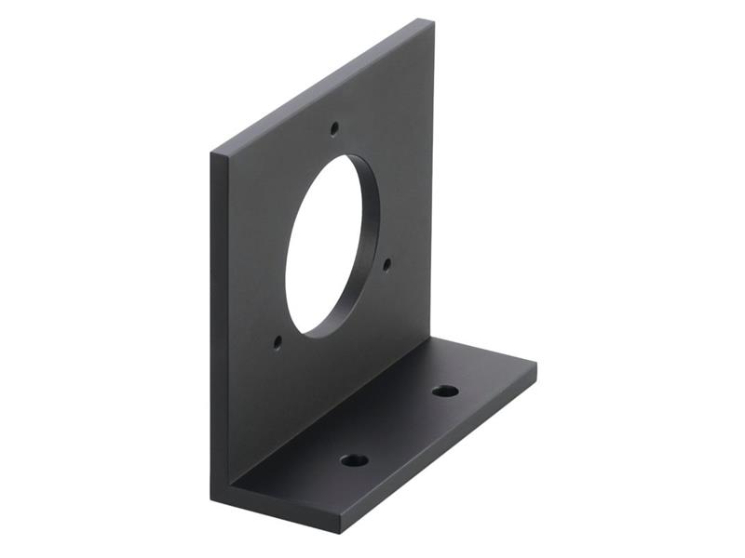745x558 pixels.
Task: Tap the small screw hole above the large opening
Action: click(334, 128)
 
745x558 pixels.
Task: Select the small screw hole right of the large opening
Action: click(386, 263)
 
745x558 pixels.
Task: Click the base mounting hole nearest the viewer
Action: click(354, 459)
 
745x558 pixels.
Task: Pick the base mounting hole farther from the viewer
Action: click(445, 391)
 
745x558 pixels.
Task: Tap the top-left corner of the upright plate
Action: click(212, 150)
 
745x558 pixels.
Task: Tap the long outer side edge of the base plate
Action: click(438, 446)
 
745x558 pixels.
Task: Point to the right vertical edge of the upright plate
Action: click(432, 186)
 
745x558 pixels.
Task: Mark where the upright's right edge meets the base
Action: click(432, 339)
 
